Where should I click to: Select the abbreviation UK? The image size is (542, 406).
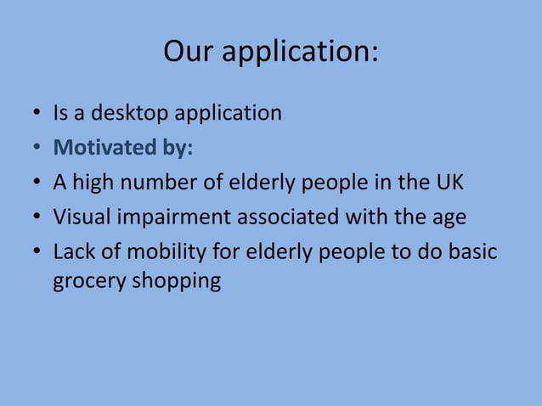448,183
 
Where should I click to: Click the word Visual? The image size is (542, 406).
80,217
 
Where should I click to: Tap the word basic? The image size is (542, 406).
472,252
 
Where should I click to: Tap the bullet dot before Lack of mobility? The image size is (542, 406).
38,254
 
